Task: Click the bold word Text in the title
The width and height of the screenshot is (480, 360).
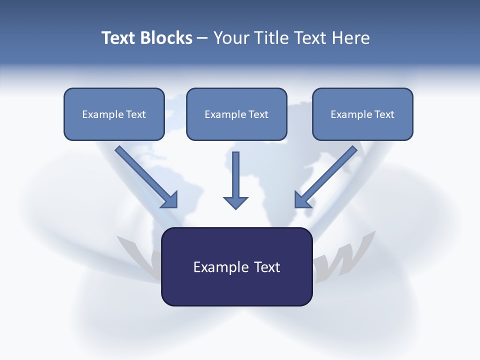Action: pos(118,38)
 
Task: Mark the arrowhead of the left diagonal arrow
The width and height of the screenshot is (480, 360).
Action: pos(170,200)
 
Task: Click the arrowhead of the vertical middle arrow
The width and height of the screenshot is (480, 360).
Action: pos(235,202)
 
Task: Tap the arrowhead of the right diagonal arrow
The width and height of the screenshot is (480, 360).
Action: pos(302,199)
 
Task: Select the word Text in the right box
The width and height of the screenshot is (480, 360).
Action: pos(384,114)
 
